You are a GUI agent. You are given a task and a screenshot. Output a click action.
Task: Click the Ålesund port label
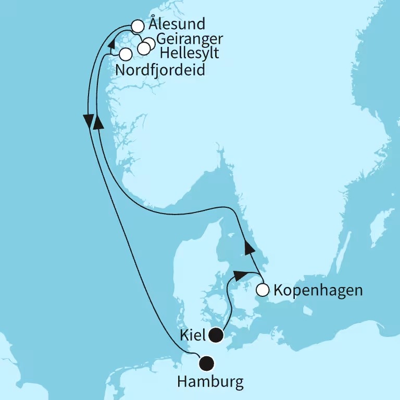click(x=177, y=24)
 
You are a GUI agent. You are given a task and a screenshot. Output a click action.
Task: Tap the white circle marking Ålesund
click(x=137, y=26)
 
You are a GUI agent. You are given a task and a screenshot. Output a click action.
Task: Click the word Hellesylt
click(x=190, y=54)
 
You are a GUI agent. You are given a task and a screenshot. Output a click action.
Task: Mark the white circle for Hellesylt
click(x=143, y=48)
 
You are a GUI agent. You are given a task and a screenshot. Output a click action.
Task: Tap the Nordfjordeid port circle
click(x=125, y=54)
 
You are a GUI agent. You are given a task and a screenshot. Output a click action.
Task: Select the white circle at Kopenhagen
click(x=263, y=290)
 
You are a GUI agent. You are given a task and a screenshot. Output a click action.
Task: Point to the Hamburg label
click(x=210, y=383)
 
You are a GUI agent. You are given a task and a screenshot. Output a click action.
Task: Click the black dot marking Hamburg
click(x=207, y=362)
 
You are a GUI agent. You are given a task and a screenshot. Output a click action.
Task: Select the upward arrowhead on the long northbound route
click(x=96, y=122)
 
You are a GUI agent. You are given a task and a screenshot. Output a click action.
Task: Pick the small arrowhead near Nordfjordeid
click(x=111, y=47)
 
